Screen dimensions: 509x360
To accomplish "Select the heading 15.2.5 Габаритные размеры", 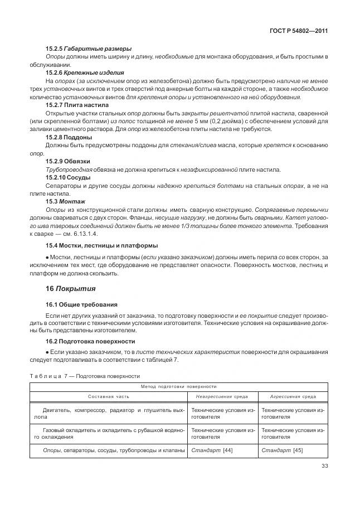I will pyautogui.click(x=88, y=49).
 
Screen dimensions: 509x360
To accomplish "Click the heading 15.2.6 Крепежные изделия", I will pyautogui.click(x=85, y=72).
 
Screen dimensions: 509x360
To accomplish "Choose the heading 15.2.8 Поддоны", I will pyautogui.click(x=69, y=137).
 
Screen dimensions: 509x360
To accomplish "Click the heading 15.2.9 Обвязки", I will pyautogui.click(x=68, y=162).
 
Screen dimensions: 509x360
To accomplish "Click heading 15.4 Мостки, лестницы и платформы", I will pyautogui.click(x=101, y=245).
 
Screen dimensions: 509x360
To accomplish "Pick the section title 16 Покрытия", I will pyautogui.click(x=70, y=289).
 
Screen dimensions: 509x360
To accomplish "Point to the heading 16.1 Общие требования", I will pyautogui.click(x=81, y=304).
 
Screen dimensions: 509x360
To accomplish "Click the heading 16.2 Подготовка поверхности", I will pyautogui.click(x=90, y=341).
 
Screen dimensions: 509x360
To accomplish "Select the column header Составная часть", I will pyautogui.click(x=108, y=396).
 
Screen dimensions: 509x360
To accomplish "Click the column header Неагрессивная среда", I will pyautogui.click(x=222, y=396).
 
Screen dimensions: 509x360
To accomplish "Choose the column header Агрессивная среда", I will pyautogui.click(x=293, y=396).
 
